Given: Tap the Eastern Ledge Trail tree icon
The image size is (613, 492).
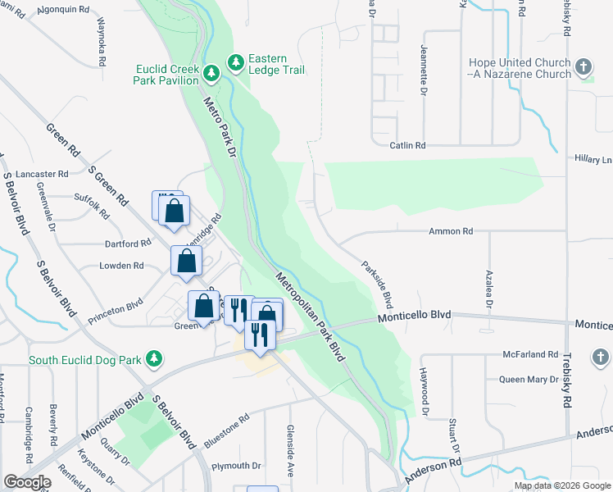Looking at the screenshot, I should click(x=236, y=61).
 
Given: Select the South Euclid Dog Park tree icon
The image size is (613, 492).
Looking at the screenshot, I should click(x=152, y=359).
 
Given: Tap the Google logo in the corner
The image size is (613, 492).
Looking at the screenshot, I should click(x=27, y=482).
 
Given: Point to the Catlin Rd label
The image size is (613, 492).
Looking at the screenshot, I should click(x=407, y=145).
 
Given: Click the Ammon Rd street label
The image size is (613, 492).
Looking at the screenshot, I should click(x=451, y=232).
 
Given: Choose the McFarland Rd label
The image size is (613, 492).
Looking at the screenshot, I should click(x=531, y=354).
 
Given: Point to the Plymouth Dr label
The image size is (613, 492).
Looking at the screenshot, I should click(x=236, y=466).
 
